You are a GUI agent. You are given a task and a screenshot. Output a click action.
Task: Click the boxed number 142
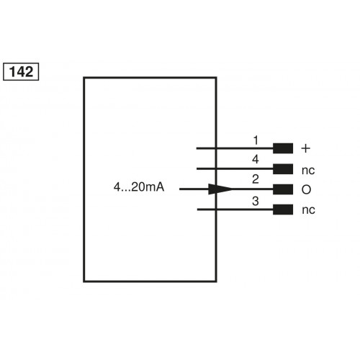tap(22, 72)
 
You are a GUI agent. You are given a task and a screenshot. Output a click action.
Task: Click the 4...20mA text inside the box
tap(139, 189)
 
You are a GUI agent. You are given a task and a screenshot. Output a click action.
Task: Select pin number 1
tap(256, 140)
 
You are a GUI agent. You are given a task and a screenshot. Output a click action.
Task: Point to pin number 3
tap(256, 201)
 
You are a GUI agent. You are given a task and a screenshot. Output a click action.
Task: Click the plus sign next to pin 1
tap(305, 148)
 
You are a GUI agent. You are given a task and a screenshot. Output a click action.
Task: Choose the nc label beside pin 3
tap(307, 210)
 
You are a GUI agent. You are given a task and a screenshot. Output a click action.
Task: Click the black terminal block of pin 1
tap(284, 148)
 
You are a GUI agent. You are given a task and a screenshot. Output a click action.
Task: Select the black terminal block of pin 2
tap(284, 189)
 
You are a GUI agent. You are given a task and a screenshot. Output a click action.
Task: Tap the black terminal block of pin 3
tap(284, 210)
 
